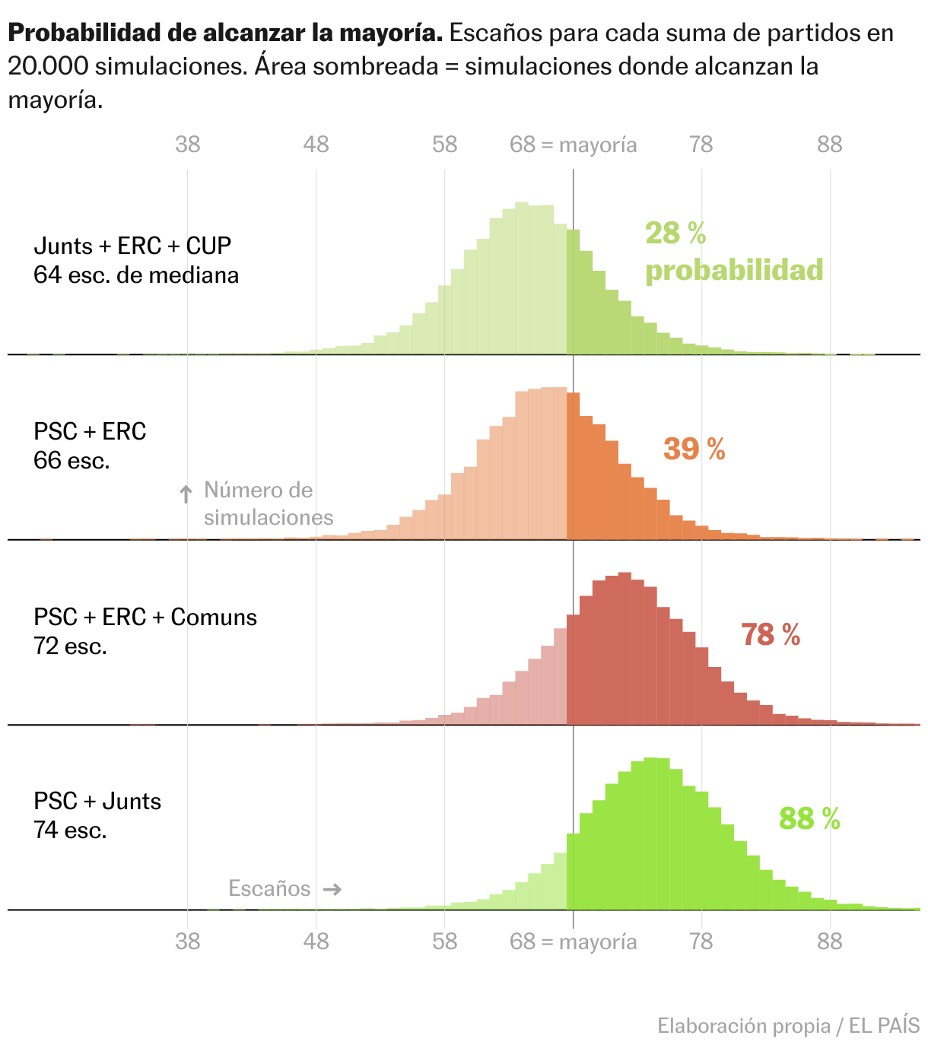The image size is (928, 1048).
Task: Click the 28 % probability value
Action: click(x=675, y=233)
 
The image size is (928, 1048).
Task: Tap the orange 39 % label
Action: click(x=694, y=449)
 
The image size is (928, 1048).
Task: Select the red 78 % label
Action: click(x=771, y=634)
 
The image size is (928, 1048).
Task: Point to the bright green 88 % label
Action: click(x=809, y=819)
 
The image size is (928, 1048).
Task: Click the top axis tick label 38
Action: click(x=188, y=144)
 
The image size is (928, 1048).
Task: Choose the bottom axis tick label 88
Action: click(x=830, y=942)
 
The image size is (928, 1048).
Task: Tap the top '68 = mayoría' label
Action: click(x=573, y=144)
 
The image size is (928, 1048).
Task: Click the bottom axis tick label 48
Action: click(x=316, y=942)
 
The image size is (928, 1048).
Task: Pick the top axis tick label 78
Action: click(x=701, y=144)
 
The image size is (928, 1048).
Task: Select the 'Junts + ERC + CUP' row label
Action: click(x=132, y=246)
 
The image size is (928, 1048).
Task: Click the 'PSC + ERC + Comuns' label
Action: click(x=145, y=617)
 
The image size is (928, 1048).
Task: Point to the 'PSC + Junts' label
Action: click(x=97, y=801)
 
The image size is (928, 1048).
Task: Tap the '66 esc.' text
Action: click(x=72, y=460)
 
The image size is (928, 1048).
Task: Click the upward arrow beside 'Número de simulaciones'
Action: click(x=186, y=494)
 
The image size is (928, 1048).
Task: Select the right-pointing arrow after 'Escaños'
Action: click(x=332, y=889)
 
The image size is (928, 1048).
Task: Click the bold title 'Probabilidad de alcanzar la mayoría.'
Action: click(x=225, y=33)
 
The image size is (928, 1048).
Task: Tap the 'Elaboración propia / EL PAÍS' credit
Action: click(x=788, y=1026)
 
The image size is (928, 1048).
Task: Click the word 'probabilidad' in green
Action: click(x=734, y=270)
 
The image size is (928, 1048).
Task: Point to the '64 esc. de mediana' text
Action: click(x=136, y=275)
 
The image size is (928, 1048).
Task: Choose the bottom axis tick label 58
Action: click(x=445, y=942)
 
